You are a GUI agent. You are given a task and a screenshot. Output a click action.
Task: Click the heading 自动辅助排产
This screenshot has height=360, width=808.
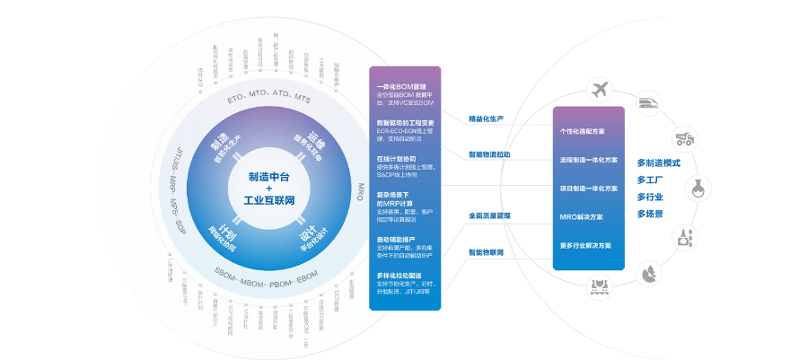pyautogui.click(x=396, y=240)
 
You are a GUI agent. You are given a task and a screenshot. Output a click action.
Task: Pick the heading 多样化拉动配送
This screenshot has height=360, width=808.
pyautogui.click(x=399, y=275)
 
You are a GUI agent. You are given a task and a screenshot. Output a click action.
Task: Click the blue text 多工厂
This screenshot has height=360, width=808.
pyautogui.click(x=649, y=180)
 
